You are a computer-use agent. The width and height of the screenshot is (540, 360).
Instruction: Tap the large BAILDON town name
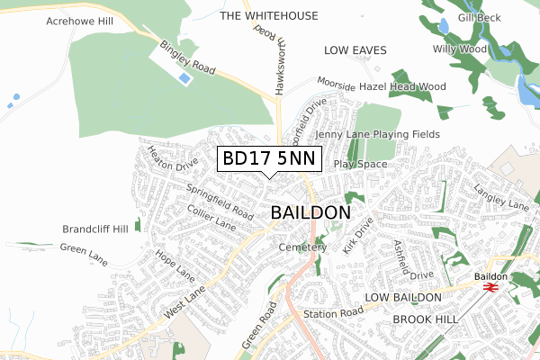point(310,213)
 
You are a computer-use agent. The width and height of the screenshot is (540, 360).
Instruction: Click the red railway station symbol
point(490,286)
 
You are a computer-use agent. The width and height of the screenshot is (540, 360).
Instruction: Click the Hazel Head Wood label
point(402,86)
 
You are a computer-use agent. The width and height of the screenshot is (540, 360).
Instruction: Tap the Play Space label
point(360,165)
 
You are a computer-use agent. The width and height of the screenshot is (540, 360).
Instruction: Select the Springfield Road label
point(220,202)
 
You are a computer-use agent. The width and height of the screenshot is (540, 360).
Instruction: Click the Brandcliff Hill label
point(95,229)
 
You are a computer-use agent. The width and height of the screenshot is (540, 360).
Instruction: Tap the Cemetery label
point(301,247)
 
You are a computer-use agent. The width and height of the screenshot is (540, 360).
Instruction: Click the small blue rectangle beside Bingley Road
point(184,79)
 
